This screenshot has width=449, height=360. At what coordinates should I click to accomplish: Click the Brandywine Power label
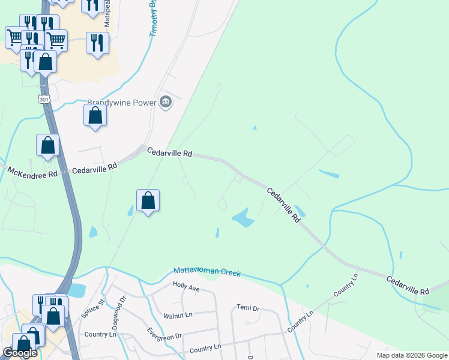tap(122, 103)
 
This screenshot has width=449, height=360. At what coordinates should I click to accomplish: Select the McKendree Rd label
tap(32, 172)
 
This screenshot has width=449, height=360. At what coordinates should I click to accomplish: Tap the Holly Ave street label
tap(185, 287)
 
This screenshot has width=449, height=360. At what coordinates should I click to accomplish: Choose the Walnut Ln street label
tap(177, 316)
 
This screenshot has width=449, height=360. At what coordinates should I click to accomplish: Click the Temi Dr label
tap(247, 308)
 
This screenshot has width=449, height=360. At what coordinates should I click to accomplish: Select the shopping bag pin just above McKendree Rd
tap(48, 145)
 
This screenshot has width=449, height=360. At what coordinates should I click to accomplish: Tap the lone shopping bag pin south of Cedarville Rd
tap(148, 200)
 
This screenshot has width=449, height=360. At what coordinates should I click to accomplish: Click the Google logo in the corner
tap(20, 353)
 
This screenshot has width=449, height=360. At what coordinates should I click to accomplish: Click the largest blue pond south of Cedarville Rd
tap(243, 218)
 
